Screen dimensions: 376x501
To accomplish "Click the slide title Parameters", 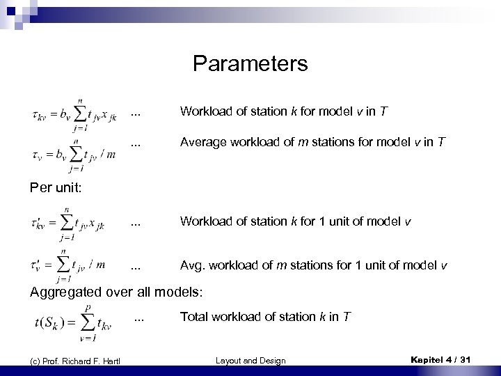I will tap(250, 64).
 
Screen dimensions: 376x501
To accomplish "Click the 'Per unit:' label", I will tap(55, 187).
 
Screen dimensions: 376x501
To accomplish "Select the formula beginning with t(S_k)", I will tap(77, 321).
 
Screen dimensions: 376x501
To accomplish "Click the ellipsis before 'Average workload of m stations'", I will tap(136, 144).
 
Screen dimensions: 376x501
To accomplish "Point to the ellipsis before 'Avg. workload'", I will tap(136, 267).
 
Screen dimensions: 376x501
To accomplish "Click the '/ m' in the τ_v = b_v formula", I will tap(108, 153).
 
